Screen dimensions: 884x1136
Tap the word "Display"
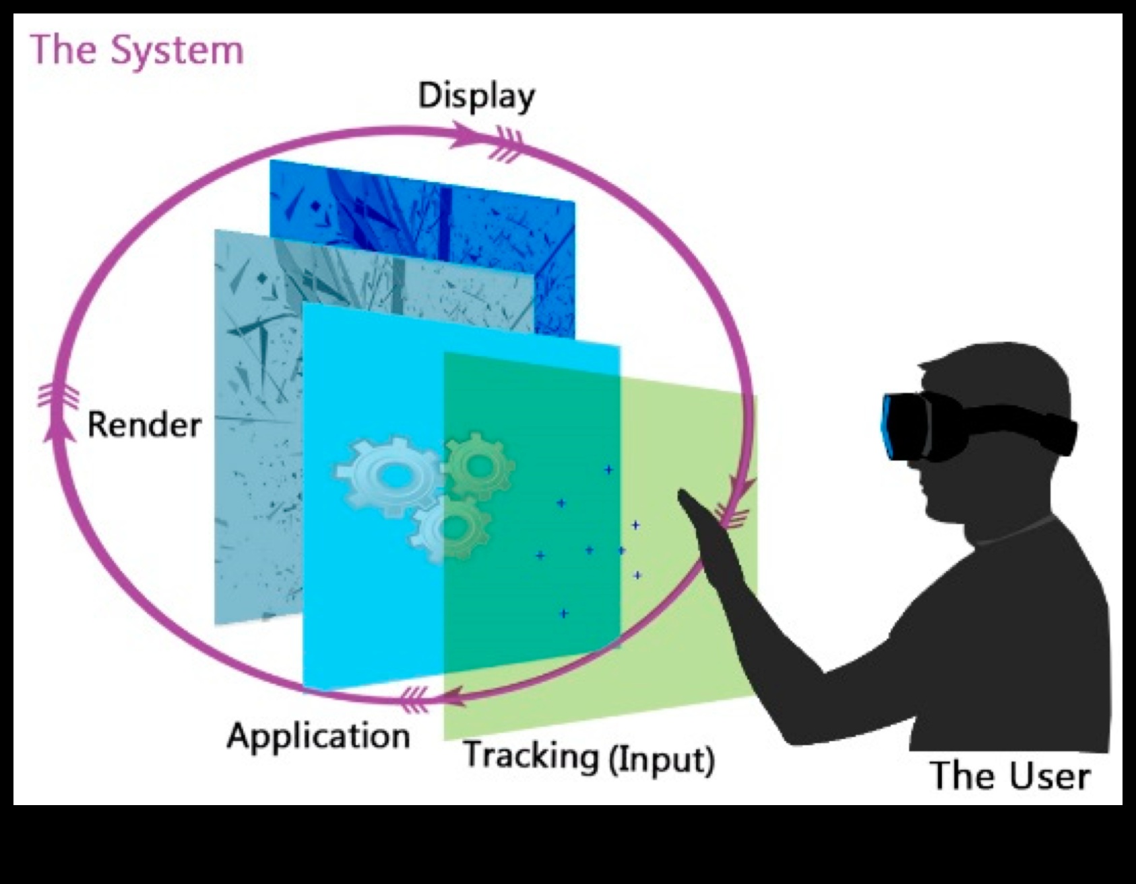click(476, 96)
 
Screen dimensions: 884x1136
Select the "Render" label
click(145, 425)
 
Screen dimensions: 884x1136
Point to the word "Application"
click(319, 736)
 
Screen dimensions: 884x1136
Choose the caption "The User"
click(1009, 775)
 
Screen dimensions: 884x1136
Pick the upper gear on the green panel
click(480, 465)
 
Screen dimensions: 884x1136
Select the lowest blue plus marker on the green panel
click(563, 614)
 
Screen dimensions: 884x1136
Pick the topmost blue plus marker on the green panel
click(608, 469)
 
